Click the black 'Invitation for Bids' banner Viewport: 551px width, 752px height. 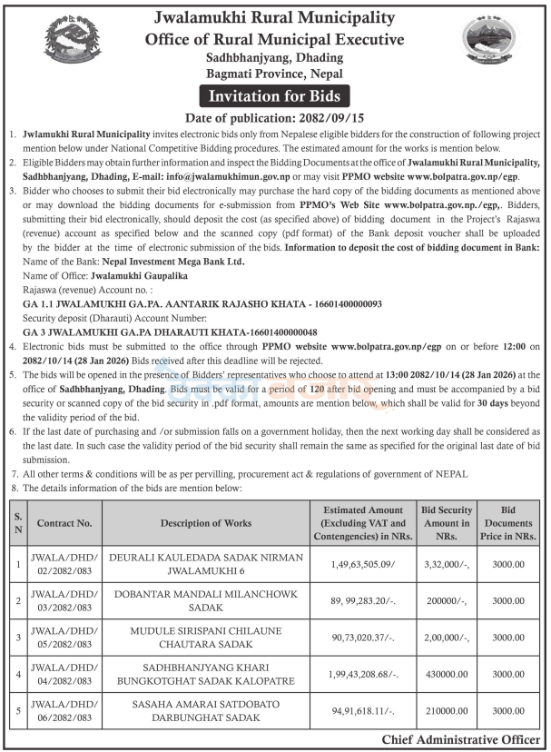[x=275, y=95]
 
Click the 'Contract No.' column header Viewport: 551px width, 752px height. [x=64, y=523]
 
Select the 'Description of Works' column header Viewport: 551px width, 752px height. [x=206, y=523]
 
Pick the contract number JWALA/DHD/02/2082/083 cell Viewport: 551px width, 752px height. [x=64, y=564]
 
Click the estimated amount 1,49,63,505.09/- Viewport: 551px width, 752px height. [x=363, y=564]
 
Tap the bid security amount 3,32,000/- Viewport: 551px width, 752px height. [x=446, y=564]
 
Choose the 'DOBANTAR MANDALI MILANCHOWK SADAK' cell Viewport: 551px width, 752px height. [x=206, y=601]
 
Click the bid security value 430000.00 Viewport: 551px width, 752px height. [x=446, y=676]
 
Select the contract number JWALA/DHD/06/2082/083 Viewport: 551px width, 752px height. [x=64, y=713]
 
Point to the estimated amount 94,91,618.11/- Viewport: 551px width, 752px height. [x=363, y=713]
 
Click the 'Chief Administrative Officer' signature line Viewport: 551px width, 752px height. [x=460, y=741]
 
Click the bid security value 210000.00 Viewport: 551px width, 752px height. [x=446, y=713]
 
